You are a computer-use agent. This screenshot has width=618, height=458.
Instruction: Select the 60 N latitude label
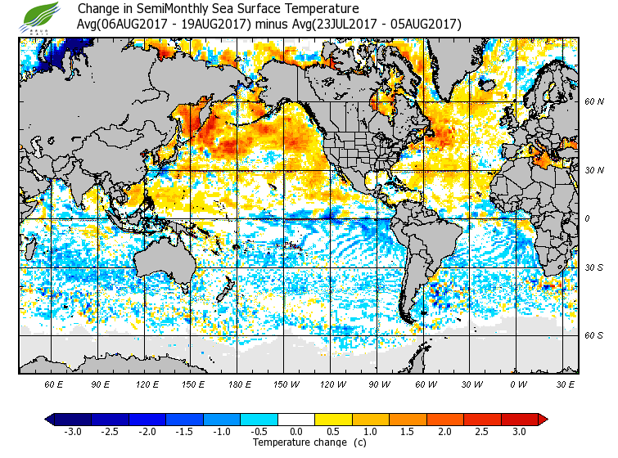click(x=594, y=101)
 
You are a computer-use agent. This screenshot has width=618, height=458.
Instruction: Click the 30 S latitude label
click(x=594, y=267)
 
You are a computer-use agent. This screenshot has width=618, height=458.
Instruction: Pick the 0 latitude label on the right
click(x=588, y=218)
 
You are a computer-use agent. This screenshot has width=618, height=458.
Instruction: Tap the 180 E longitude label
click(x=240, y=384)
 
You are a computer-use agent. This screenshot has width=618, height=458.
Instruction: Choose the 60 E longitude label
click(x=54, y=384)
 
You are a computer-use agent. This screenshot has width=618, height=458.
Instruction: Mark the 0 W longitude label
click(x=517, y=384)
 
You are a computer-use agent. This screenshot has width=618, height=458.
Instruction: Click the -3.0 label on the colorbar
click(x=72, y=431)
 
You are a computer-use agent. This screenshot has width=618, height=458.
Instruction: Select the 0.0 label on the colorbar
click(x=296, y=431)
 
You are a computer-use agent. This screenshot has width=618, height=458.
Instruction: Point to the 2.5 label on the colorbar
click(x=482, y=431)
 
